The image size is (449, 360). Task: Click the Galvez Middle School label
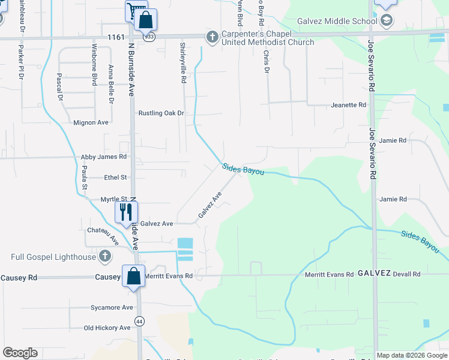tap(340, 22)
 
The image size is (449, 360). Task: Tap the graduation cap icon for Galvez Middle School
tap(386, 22)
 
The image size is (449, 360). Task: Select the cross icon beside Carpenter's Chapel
tap(211, 37)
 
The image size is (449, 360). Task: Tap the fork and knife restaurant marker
tap(126, 211)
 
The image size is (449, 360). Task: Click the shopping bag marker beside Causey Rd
tap(133, 276)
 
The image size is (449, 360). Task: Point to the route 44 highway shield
tap(139, 321)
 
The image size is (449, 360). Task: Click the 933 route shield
tap(148, 37)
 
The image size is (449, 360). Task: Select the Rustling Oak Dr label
tap(161, 113)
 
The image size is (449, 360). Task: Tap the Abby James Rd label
tap(104, 157)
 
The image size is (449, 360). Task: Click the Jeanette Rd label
tap(348, 105)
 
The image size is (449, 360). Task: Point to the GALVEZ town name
tap(375, 273)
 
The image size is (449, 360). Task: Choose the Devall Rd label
tap(407, 274)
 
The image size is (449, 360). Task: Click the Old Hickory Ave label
tap(107, 328)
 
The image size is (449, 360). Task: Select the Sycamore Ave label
tap(112, 308)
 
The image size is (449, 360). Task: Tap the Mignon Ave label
tap(91, 122)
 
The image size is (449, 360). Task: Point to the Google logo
tap(20, 353)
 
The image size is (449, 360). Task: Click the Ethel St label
tap(116, 178)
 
